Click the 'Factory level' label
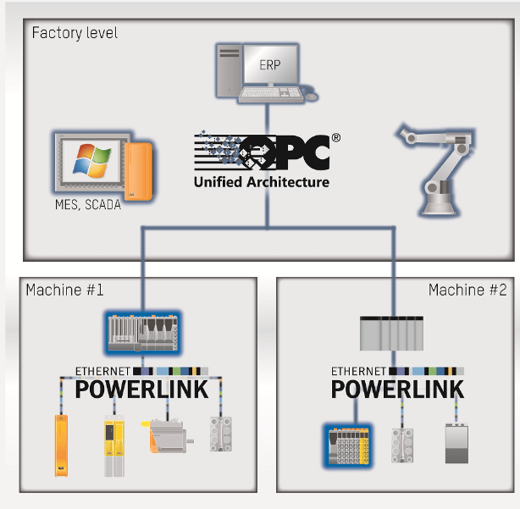pos(75,33)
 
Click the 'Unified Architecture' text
pos(261,182)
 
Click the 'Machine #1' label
pos(64,290)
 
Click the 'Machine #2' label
pos(467,290)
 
